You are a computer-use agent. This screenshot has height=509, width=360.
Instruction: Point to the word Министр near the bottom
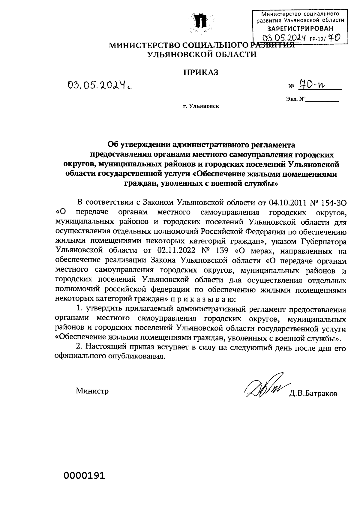pyautogui.click(x=92, y=391)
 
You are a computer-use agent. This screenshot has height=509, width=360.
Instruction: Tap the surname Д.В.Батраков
pyautogui.click(x=313, y=393)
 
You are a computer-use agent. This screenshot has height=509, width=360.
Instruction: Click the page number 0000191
pyautogui.click(x=84, y=475)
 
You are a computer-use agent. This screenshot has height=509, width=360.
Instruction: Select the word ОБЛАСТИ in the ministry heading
pyautogui.click(x=237, y=55)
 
